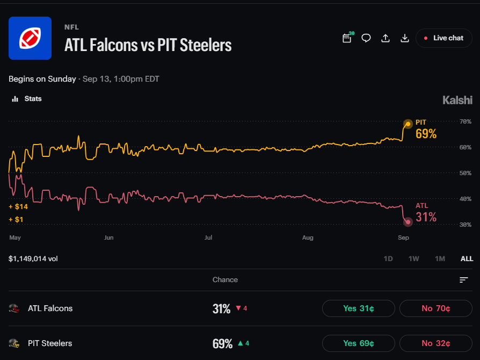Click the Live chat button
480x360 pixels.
(444, 38)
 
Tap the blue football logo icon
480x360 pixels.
(30, 38)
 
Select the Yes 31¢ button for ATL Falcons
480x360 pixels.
(359, 308)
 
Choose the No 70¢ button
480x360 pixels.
(435, 308)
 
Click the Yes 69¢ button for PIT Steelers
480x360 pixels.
(359, 343)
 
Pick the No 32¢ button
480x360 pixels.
(435, 343)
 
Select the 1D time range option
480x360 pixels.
(388, 258)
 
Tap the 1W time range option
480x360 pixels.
(413, 258)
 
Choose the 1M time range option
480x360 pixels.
(440, 258)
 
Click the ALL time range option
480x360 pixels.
(467, 258)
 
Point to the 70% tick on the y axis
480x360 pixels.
(466, 121)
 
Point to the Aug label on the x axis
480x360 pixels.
(308, 237)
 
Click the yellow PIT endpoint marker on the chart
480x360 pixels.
(408, 124)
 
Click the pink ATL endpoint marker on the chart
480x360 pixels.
(408, 222)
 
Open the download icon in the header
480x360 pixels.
(405, 38)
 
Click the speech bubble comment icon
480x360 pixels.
(366, 38)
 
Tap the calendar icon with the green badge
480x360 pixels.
(347, 38)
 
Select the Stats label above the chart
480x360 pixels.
(33, 99)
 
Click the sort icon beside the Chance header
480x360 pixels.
(464, 280)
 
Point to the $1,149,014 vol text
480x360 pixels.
(33, 258)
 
